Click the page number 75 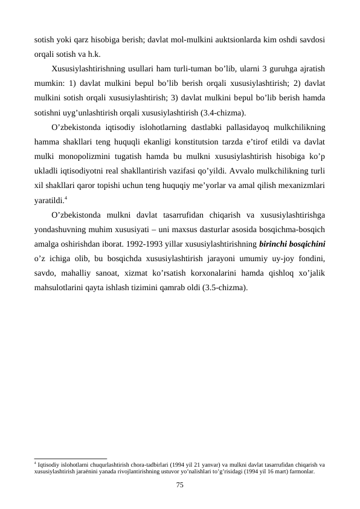(x=179, y=485)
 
